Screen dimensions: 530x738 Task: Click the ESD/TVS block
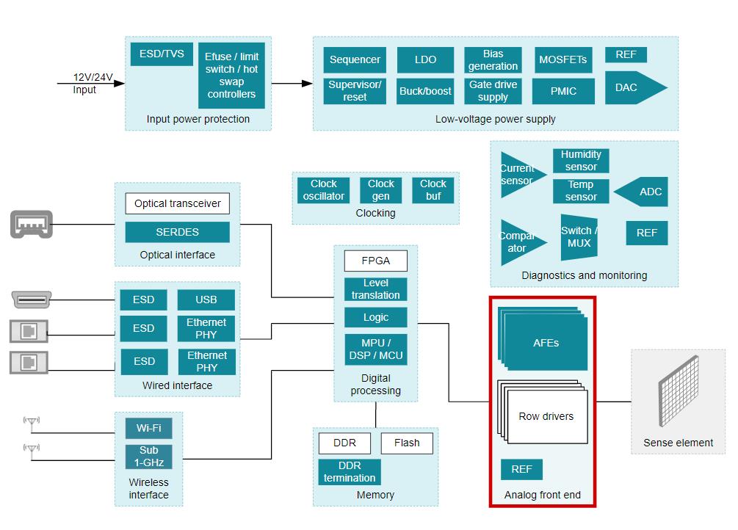[162, 54]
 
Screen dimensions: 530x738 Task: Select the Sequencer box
[355, 60]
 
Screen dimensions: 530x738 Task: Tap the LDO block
[425, 60]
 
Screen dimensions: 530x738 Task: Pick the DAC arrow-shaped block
[632, 87]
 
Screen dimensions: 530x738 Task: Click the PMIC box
[563, 91]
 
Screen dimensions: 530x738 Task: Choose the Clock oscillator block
[323, 190]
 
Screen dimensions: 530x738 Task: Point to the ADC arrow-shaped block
[643, 192]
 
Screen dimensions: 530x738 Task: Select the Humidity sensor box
[581, 161]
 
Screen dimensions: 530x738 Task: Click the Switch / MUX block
[579, 237]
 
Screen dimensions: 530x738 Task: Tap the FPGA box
[375, 261]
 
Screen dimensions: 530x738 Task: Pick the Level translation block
[375, 289]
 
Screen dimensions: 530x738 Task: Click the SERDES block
[177, 232]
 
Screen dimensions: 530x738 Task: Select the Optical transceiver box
[177, 203]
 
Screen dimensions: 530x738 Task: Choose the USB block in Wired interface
[206, 300]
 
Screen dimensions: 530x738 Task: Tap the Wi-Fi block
[148, 428]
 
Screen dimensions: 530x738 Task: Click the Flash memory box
[407, 443]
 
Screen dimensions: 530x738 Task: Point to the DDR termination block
[350, 472]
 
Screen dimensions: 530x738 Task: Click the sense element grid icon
[678, 392]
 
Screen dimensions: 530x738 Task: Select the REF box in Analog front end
[521, 470]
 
